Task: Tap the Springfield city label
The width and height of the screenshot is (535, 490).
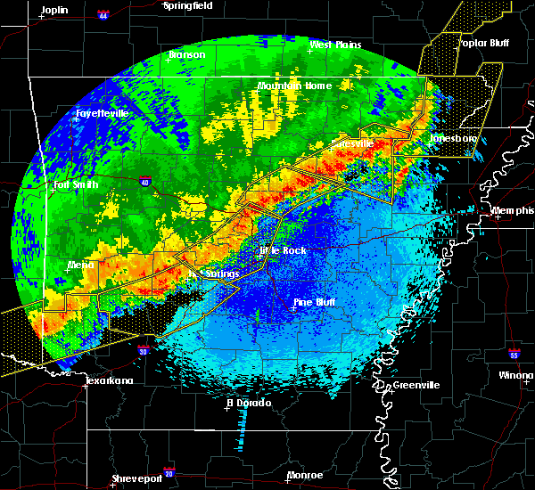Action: click(x=188, y=5)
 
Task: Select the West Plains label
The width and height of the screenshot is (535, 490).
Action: click(x=333, y=45)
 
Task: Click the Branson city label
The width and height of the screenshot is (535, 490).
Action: click(x=187, y=54)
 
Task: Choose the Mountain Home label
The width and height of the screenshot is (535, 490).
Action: click(x=294, y=86)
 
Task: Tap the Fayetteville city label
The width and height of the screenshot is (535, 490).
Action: click(x=103, y=113)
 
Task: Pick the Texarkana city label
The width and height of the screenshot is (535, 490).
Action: click(x=109, y=380)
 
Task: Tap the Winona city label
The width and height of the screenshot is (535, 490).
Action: click(x=517, y=376)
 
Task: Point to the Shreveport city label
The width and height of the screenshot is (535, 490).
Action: click(x=136, y=478)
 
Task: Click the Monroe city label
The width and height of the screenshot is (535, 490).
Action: click(x=305, y=475)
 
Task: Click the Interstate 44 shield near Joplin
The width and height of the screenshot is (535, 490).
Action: click(x=103, y=15)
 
